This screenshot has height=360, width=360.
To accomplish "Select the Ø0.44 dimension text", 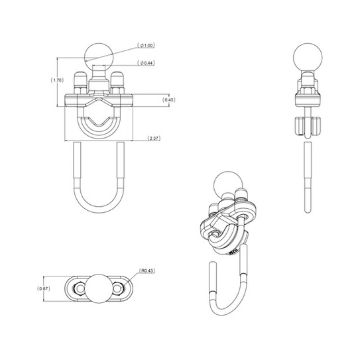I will point(148,63).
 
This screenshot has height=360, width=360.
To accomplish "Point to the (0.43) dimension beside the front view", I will point(170,100).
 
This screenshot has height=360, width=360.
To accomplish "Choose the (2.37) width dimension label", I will point(153,139).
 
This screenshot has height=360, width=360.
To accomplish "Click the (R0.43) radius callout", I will point(147,270).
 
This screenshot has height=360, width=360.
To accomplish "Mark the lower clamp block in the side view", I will point(308,125).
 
